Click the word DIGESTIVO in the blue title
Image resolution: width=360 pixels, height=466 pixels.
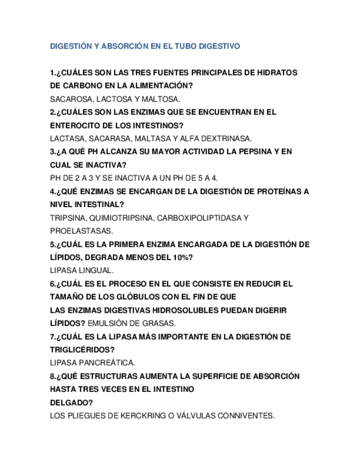pyautogui.click(x=220, y=47)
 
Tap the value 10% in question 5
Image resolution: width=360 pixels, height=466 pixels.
pyautogui.click(x=180, y=257)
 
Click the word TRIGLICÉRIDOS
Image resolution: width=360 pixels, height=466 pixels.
pyautogui.click(x=82, y=349)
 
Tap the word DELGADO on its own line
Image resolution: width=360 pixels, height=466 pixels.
pyautogui.click(x=69, y=402)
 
